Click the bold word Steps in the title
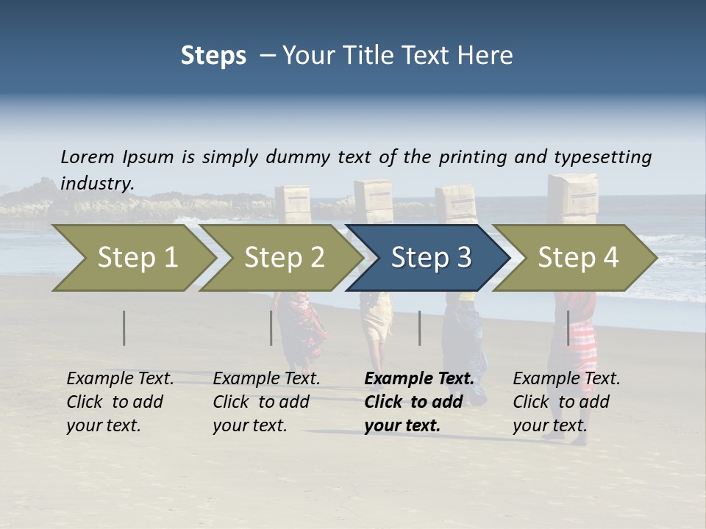213,56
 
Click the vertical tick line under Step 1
124,328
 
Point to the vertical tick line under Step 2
271,328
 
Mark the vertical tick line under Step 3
420,328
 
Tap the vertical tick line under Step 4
568,328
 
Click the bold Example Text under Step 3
419,379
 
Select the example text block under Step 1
120,402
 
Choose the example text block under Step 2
266,402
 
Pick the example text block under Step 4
566,402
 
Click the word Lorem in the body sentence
88,157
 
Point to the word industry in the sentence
97,184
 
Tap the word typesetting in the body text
602,157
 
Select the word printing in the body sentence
473,157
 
